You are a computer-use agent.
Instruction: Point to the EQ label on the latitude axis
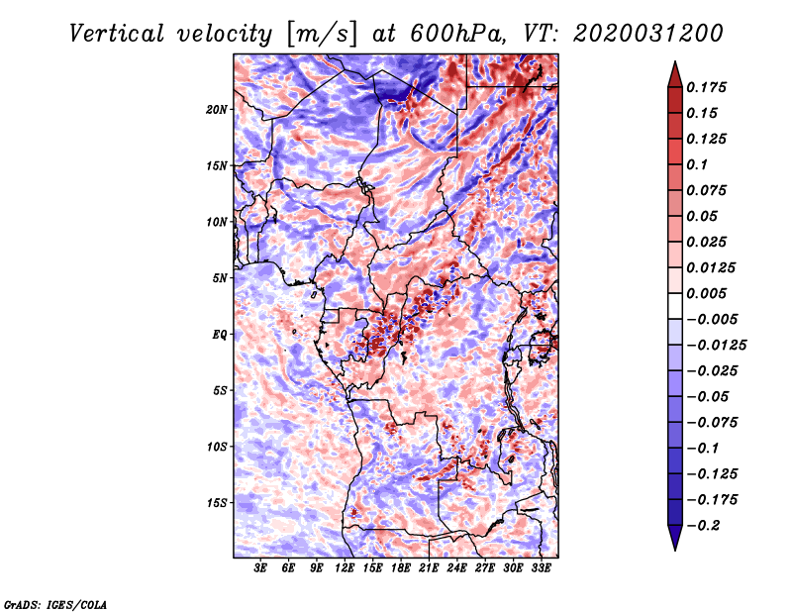coord(221,334)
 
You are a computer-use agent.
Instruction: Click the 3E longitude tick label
coord(261,568)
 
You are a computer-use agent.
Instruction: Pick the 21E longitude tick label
coord(430,568)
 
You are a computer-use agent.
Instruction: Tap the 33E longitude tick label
coord(542,568)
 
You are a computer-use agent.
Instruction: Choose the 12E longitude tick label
coord(346,568)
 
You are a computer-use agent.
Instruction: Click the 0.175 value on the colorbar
coord(709,87)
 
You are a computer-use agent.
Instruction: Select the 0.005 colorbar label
coord(709,294)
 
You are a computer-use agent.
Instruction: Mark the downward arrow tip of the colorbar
coord(673,547)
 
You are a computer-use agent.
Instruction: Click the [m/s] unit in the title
coord(322,33)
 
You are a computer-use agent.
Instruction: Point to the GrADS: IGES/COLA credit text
coord(54,603)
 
